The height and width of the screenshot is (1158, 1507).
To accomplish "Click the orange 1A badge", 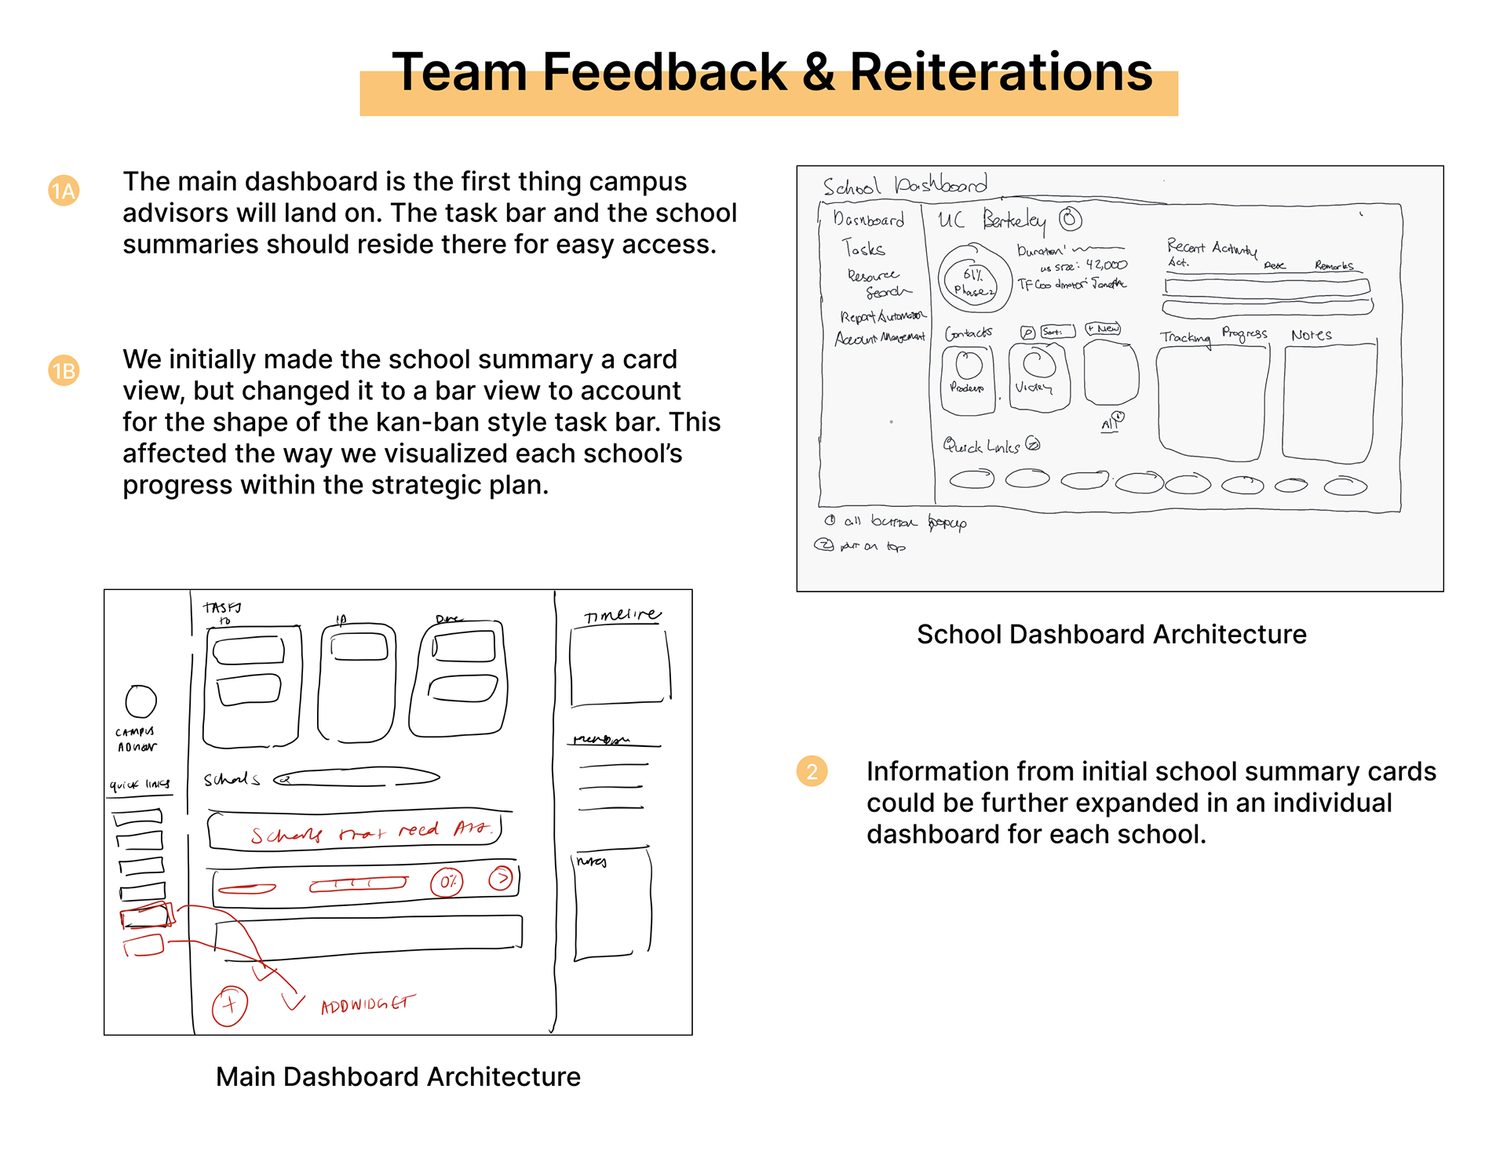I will [64, 191].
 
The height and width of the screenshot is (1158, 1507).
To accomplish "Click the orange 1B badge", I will [64, 370].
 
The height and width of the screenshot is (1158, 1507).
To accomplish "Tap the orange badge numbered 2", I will [812, 771].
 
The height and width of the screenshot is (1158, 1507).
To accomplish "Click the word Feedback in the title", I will [664, 72].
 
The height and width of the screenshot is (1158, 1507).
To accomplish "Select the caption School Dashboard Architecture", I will [1111, 634].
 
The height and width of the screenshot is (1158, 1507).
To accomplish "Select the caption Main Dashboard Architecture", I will [398, 1076].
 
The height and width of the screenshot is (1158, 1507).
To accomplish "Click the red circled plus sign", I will [229, 1005].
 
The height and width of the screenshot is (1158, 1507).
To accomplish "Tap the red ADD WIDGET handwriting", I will [367, 1004].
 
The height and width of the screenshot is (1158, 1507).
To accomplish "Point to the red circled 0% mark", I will [447, 882].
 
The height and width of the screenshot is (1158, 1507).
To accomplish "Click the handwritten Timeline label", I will [622, 615].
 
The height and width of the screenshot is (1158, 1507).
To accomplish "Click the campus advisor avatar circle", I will [141, 701].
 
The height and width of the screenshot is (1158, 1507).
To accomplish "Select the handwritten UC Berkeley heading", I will [992, 220].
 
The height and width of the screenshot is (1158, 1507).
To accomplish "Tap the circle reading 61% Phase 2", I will [972, 279].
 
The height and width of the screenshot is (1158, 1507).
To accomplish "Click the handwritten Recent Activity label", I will [1211, 248].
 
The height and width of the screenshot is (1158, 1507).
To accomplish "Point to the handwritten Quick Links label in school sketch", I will [983, 446].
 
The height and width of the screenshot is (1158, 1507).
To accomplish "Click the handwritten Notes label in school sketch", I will [1311, 335].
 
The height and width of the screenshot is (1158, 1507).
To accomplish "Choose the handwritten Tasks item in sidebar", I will [863, 249].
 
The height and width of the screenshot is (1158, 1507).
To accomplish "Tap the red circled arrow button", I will [501, 877].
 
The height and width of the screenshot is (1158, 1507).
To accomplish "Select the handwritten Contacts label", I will [969, 333].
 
